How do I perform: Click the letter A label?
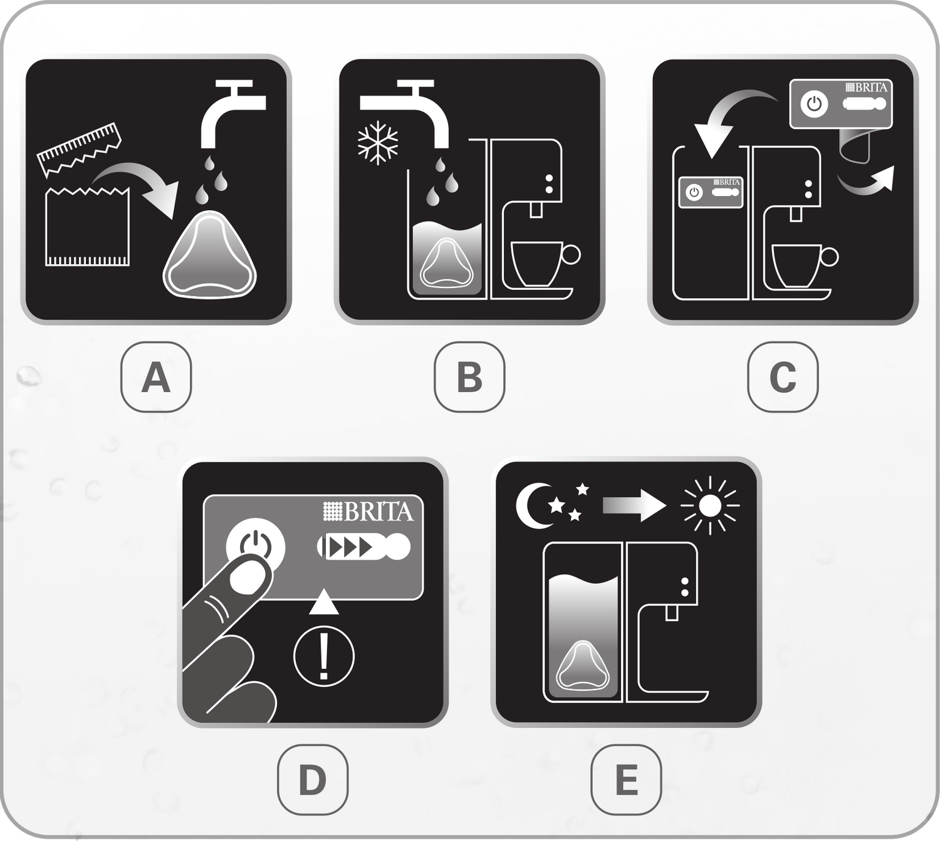point(156,376)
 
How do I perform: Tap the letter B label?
point(469,376)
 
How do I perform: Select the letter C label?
point(783,376)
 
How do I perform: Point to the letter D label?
point(313,780)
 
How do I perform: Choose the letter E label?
point(627,780)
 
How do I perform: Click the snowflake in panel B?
point(378,143)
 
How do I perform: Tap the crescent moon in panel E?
point(533,506)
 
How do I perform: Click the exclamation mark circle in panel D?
point(324,656)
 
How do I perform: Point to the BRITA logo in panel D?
point(368,512)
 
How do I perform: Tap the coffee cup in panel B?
point(545,264)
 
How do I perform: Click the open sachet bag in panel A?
point(87,227)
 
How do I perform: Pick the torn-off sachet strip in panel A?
point(80,149)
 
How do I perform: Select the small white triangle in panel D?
point(324,602)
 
